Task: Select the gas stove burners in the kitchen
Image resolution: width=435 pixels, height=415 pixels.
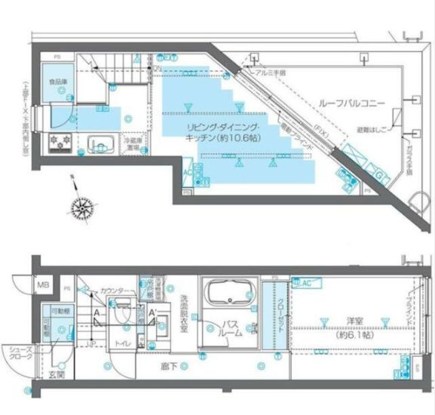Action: pyautogui.click(x=60, y=142)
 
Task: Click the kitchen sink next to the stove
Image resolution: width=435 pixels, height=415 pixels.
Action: pyautogui.click(x=101, y=143)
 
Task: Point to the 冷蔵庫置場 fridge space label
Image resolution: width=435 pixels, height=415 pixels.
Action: pyautogui.click(x=133, y=143)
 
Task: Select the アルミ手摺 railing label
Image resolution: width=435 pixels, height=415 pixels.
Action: pyautogui.click(x=269, y=73)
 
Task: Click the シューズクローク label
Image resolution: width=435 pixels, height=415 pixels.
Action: pyautogui.click(x=20, y=354)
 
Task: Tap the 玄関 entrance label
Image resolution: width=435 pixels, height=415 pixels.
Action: pyautogui.click(x=55, y=374)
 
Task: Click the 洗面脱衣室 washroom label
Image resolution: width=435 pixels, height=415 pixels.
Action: pyautogui.click(x=184, y=308)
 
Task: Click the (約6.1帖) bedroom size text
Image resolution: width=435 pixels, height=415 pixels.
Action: pyautogui.click(x=347, y=334)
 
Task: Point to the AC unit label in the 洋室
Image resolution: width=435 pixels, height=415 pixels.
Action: pyautogui.click(x=307, y=282)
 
